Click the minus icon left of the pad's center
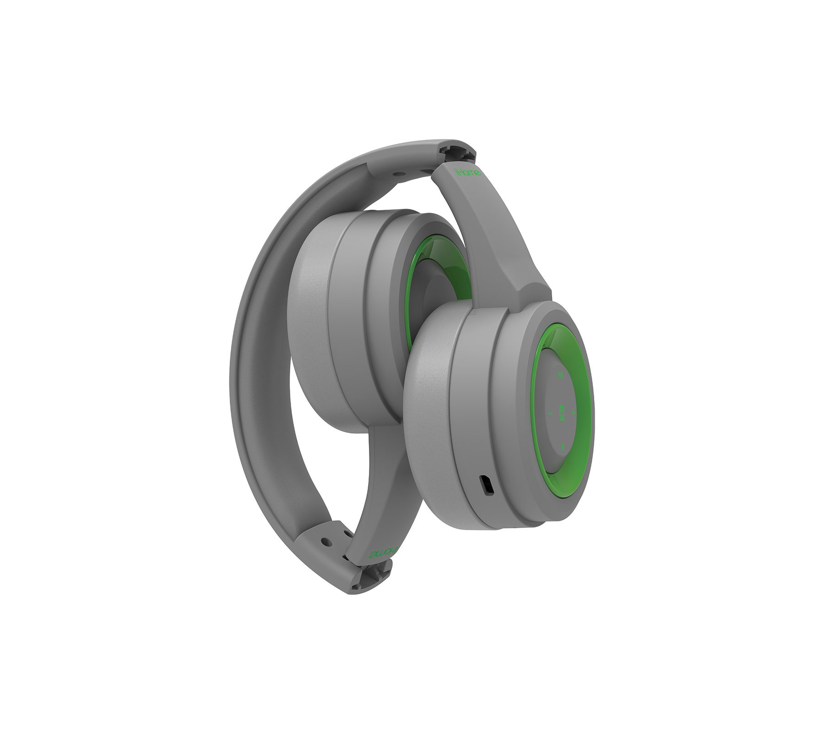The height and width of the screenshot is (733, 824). coord(550,412)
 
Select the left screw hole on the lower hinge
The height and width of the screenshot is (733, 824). coord(325,541)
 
